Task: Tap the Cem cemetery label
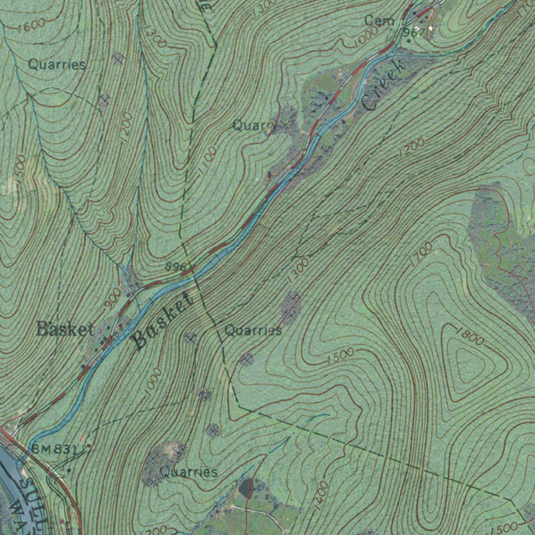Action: [x=380, y=21]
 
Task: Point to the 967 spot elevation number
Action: [x=414, y=32]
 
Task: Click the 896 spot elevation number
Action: [x=176, y=266]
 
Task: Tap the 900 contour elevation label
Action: [x=112, y=298]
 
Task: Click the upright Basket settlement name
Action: [x=65, y=330]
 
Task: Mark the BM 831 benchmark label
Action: [x=57, y=449]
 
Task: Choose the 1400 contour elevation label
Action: [x=322, y=492]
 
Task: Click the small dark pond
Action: [x=244, y=489]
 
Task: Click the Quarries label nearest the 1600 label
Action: [x=57, y=65]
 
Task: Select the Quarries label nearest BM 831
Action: [x=189, y=472]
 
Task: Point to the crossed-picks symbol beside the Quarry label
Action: [x=285, y=124]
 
